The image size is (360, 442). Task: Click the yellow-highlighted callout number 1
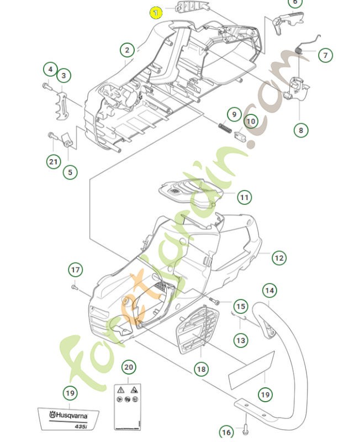coord(156,12)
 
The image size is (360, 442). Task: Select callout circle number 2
coord(127,50)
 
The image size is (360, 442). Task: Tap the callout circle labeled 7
coord(326,55)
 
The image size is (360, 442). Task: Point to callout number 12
coord(279,257)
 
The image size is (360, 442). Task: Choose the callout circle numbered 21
coord(53,161)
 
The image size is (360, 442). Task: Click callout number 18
coord(201,369)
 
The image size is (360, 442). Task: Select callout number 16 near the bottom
coord(226,432)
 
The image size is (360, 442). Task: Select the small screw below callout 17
coord(75,287)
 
